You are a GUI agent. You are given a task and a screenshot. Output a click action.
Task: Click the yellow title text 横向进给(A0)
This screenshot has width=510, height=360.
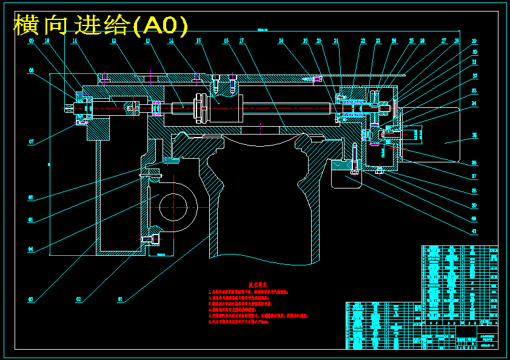(101, 25)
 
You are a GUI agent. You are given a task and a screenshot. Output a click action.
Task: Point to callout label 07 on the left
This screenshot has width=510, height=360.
(31, 142)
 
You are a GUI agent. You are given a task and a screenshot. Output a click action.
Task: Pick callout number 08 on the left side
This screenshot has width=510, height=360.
(31, 71)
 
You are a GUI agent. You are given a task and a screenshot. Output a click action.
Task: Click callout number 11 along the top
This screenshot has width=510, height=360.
(74, 41)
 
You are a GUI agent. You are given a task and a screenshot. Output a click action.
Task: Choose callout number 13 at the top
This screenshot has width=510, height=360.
(147, 41)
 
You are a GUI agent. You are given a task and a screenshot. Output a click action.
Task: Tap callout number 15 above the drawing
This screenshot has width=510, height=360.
(198, 41)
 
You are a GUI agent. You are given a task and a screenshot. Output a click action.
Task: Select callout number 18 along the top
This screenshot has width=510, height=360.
(281, 41)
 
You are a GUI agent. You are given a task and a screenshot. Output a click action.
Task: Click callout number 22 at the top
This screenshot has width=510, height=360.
(363, 41)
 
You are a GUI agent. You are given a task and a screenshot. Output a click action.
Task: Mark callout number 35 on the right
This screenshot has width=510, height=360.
(475, 135)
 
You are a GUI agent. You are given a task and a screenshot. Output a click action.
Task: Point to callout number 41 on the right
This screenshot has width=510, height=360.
(475, 231)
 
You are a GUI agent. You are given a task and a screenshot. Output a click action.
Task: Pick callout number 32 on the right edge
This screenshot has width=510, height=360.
(475, 76)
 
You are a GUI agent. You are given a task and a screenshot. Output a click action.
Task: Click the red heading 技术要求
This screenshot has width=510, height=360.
(258, 284)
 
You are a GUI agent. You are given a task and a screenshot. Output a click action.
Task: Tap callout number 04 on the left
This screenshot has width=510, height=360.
(31, 249)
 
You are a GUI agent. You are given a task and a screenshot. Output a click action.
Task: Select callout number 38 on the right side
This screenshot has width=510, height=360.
(475, 191)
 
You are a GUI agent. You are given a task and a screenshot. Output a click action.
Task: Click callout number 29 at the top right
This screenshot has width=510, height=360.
(475, 41)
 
